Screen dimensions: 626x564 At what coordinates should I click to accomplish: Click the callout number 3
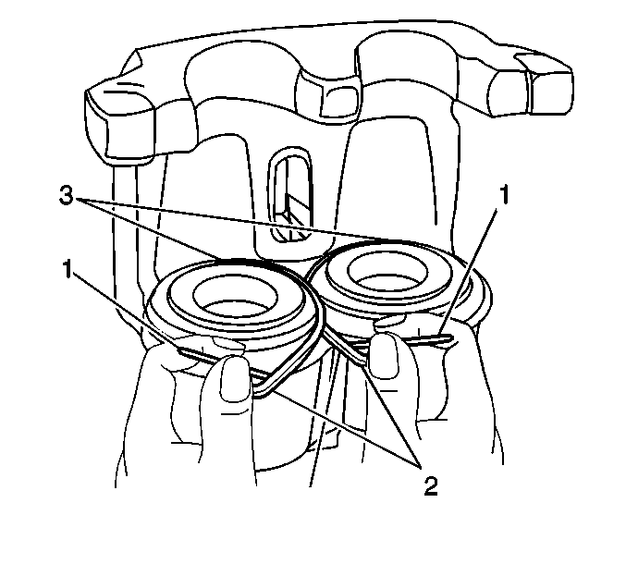(66, 196)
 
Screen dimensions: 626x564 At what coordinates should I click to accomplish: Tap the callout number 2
(430, 485)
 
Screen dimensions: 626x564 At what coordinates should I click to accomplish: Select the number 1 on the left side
(68, 269)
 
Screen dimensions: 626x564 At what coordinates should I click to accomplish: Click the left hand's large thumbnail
(235, 378)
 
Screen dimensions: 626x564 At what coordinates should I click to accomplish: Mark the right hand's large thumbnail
(383, 355)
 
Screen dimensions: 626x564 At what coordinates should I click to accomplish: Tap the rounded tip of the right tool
(449, 339)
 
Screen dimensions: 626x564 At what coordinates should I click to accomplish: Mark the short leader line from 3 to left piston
(149, 228)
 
